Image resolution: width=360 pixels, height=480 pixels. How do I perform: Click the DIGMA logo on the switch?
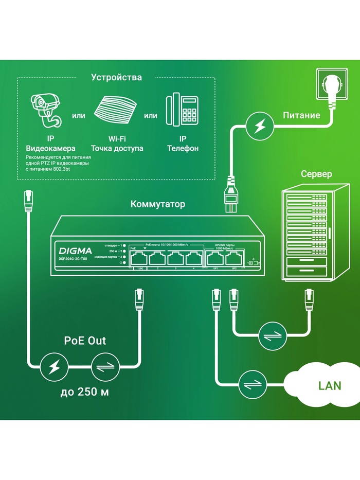pyautogui.click(x=72, y=251)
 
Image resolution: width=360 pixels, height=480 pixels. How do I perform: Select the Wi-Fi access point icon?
pyautogui.click(x=117, y=110)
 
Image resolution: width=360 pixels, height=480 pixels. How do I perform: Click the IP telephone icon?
pyautogui.click(x=183, y=109)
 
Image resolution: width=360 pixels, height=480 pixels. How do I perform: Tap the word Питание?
pyautogui.click(x=301, y=115)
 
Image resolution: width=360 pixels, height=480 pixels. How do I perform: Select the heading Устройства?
pyautogui.click(x=116, y=78)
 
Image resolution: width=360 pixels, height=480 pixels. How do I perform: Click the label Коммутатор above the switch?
pyautogui.click(x=158, y=204)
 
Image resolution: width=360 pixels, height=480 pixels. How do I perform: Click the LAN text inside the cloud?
pyautogui.click(x=329, y=385)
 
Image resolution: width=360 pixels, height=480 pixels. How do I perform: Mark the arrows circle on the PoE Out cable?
pyautogui.click(x=105, y=366)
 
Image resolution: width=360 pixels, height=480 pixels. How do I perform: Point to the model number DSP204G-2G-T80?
pyautogui.click(x=73, y=259)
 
